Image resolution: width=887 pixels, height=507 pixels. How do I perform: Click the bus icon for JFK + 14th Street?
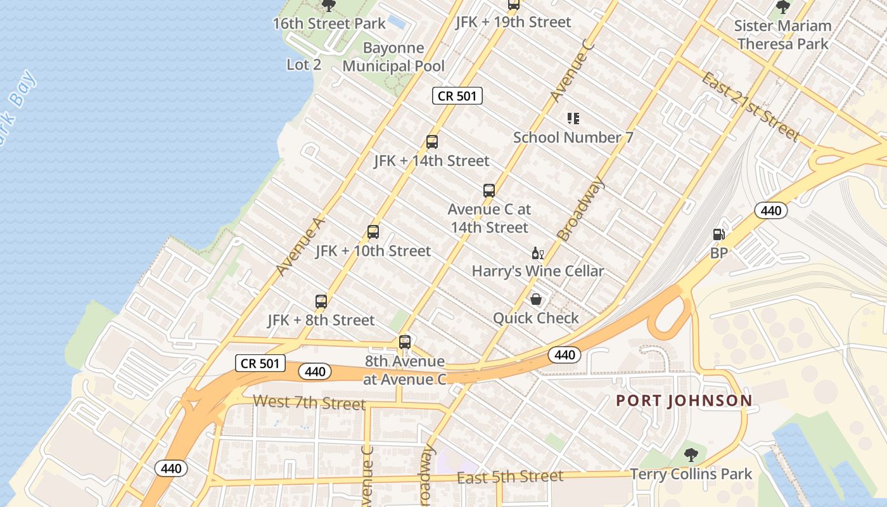coord(432,142)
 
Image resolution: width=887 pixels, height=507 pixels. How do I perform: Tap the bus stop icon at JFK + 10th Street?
coord(373,232)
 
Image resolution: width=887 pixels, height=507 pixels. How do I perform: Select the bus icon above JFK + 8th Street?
coord(321,302)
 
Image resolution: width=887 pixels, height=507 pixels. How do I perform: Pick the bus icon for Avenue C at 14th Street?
coord(488,190)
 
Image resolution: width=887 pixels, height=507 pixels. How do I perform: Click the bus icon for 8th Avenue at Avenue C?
coord(405,342)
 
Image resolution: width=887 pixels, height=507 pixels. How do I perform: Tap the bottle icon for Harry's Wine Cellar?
coord(537,253)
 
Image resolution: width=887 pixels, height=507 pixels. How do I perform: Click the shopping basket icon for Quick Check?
coord(536,299)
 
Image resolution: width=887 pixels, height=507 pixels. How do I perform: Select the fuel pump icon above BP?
coord(718,234)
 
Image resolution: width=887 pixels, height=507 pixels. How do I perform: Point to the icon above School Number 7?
coord(573,119)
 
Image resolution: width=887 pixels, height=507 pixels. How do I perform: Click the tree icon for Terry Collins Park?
coord(691,455)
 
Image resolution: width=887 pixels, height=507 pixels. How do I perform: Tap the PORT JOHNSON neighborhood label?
coord(684,401)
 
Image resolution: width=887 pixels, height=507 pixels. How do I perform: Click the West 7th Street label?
coord(309,402)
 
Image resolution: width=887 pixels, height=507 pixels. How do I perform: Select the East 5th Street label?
coord(510,477)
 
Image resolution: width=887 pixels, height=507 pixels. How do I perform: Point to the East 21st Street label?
coord(751,106)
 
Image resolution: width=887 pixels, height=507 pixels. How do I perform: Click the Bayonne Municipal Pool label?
coord(393,57)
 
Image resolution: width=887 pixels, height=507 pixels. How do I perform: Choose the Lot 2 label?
coord(304,65)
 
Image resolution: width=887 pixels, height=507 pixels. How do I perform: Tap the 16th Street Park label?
coord(329,24)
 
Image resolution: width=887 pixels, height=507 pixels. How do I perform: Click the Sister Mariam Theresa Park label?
coord(783,35)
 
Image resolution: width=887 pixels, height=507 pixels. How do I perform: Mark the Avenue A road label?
coord(300,247)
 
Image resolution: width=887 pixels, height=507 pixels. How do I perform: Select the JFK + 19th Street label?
coord(513,22)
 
